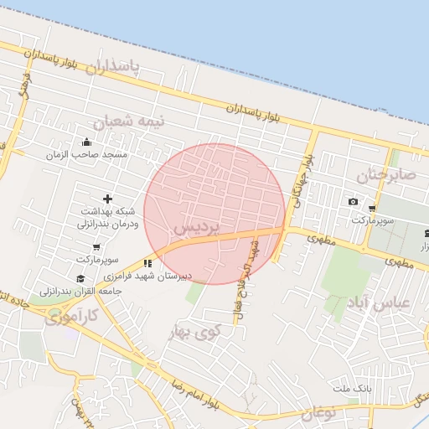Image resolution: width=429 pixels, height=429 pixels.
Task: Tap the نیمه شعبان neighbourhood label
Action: (129, 121)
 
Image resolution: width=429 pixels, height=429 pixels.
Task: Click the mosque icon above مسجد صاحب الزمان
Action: (87, 142)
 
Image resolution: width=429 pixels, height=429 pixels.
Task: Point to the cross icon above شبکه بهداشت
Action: (106, 199)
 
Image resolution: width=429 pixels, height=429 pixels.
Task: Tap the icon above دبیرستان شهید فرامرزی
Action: (148, 263)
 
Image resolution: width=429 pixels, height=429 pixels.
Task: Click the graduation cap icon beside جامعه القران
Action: (80, 279)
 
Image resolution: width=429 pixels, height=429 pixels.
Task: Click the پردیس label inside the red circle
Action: (196, 227)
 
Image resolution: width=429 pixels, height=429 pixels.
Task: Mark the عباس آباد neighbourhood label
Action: (382, 303)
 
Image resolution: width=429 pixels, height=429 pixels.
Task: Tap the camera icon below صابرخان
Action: (353, 202)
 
